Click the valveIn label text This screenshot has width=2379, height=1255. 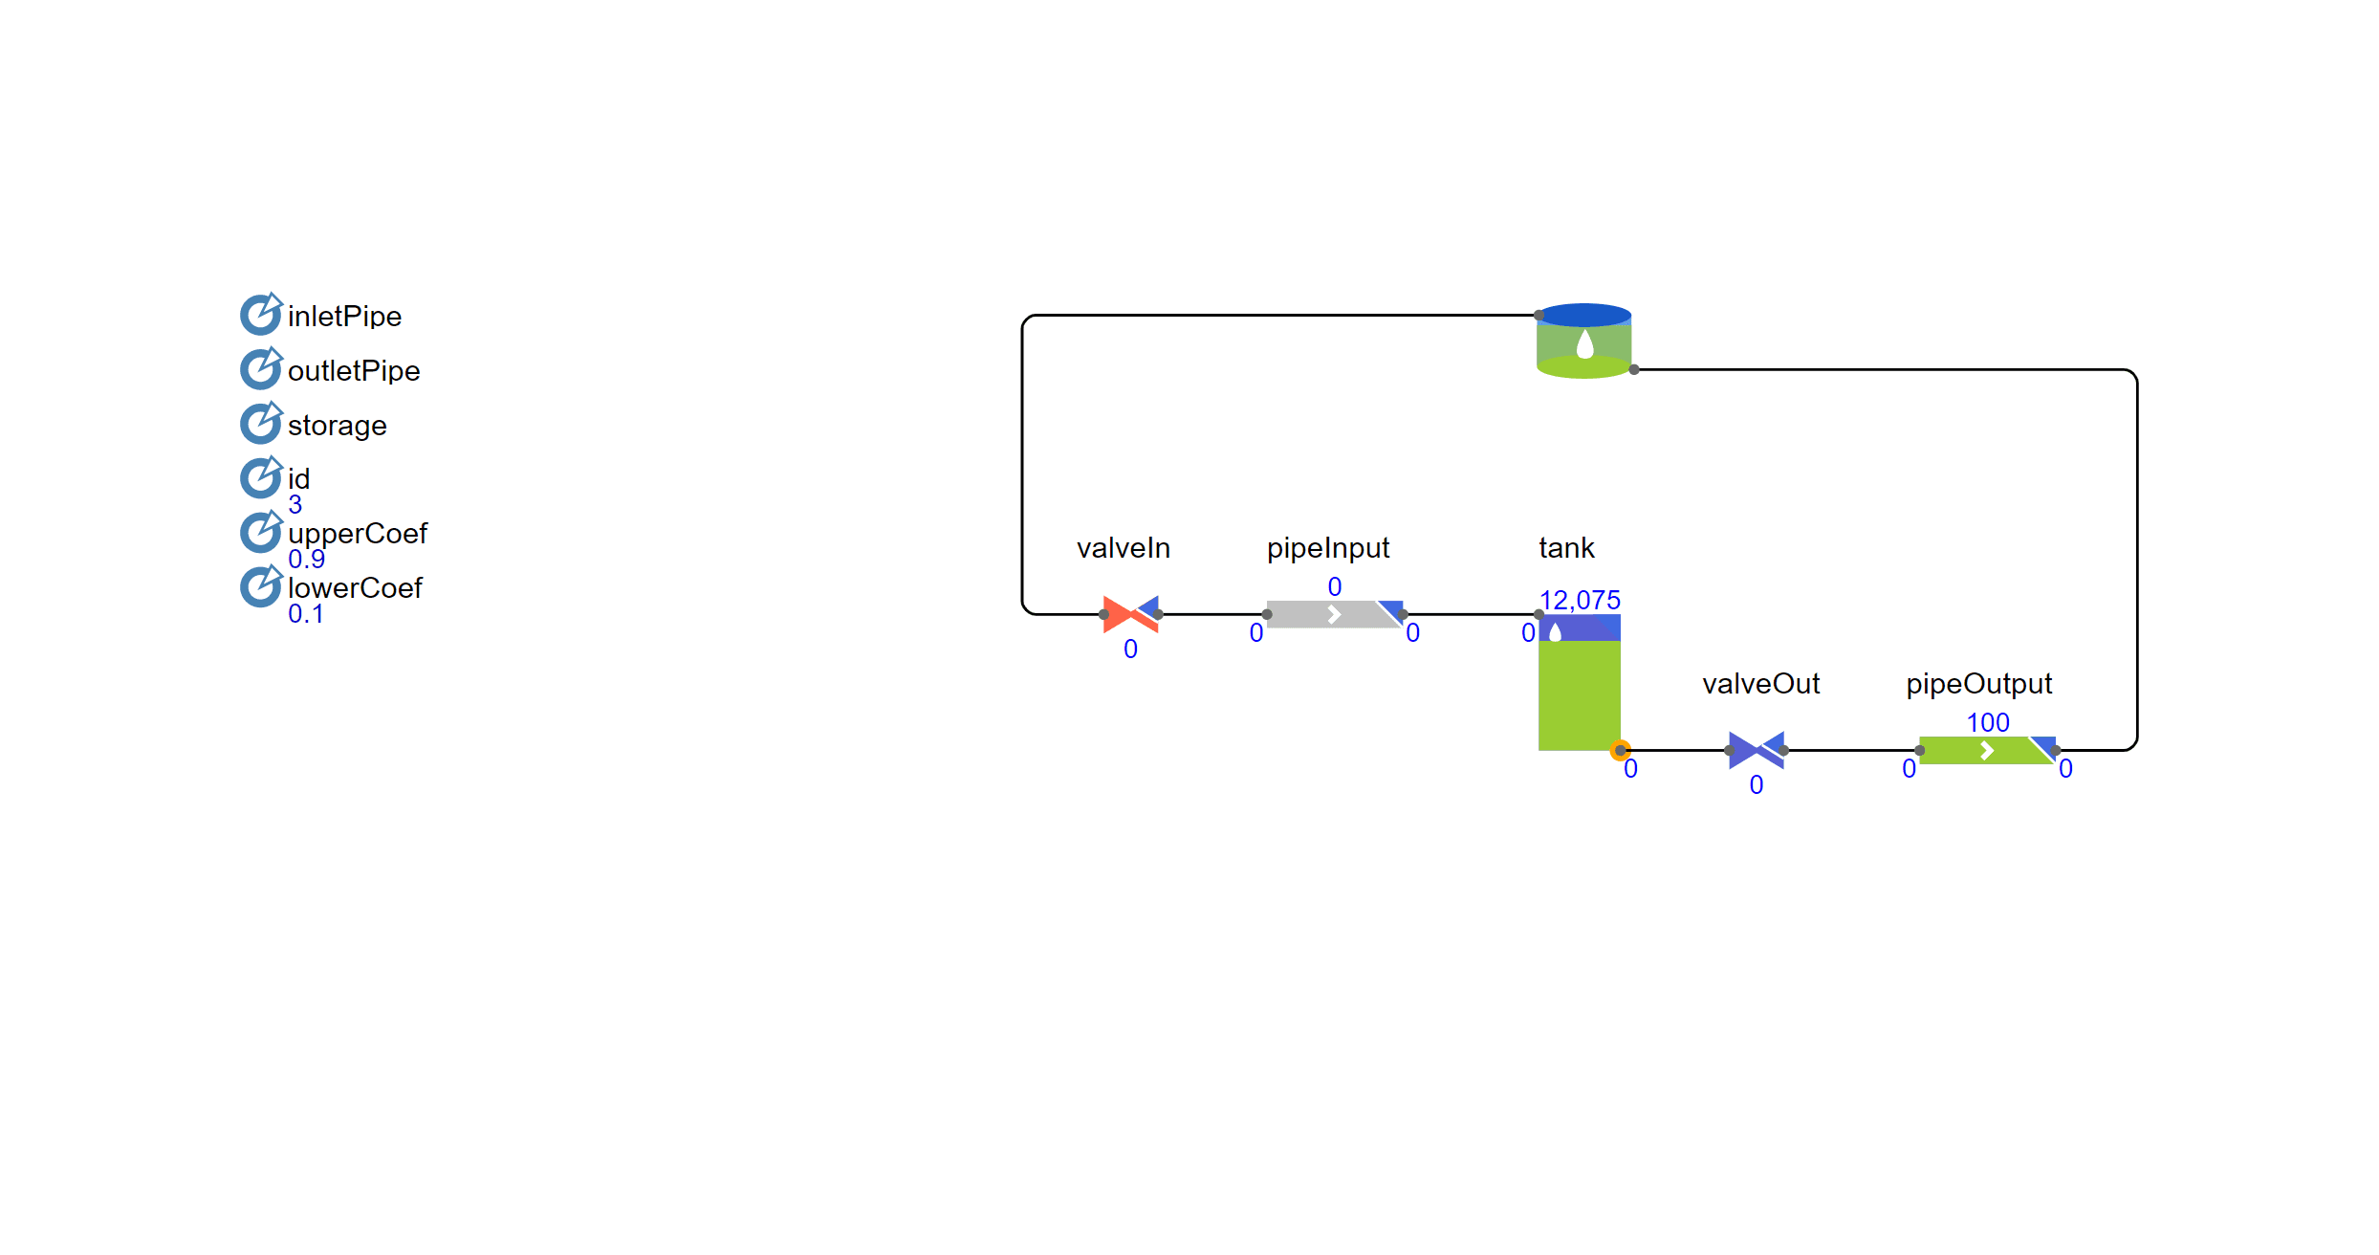point(1123,548)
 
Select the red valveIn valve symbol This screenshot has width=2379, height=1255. point(1130,614)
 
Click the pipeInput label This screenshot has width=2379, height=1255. point(1327,548)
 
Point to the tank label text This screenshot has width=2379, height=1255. point(1566,548)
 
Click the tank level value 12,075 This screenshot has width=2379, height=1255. point(1580,600)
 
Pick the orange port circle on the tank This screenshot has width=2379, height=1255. point(1620,750)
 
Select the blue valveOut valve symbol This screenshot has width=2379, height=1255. point(1756,750)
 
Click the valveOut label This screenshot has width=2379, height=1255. point(1760,684)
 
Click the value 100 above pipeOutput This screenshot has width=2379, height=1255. point(1987,722)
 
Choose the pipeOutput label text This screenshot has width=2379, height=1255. point(1978,684)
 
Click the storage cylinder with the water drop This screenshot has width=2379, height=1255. point(1583,341)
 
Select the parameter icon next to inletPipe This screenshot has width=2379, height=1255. point(260,314)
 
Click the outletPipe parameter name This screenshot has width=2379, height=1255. point(354,371)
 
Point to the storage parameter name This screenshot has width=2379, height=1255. point(337,426)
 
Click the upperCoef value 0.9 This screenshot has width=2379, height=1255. point(306,559)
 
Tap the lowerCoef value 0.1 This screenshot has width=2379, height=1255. point(305,614)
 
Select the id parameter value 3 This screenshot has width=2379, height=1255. point(295,504)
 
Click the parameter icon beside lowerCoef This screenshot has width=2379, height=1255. point(260,586)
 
